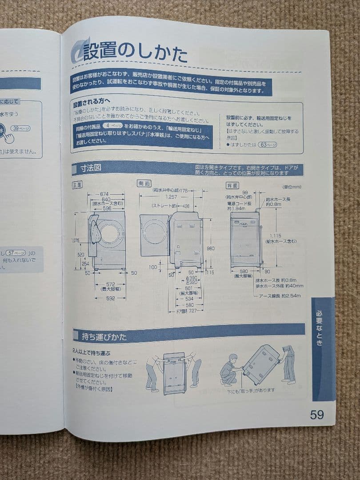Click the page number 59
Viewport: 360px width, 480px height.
click(316, 415)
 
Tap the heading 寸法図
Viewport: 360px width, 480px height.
click(91, 168)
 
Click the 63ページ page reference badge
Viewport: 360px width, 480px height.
click(268, 144)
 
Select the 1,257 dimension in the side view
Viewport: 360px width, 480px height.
click(170, 196)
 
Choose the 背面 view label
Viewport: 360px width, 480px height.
click(232, 185)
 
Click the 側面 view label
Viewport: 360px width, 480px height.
click(144, 183)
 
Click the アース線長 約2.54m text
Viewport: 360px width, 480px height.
click(280, 296)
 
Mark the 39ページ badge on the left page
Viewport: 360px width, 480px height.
click(20, 128)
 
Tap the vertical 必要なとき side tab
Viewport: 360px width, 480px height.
click(323, 328)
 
